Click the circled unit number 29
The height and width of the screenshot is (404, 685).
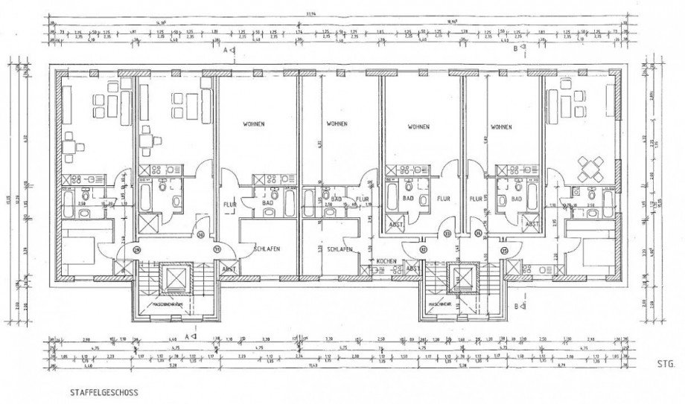tap(136, 251)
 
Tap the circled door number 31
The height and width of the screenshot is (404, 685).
tap(217, 251)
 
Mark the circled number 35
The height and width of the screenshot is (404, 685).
tap(503, 250)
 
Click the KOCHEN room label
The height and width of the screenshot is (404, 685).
tap(386, 261)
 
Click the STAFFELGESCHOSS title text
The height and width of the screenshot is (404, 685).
tap(101, 389)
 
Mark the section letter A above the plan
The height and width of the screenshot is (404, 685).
tap(224, 51)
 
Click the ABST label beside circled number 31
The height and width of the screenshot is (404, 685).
tap(230, 269)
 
